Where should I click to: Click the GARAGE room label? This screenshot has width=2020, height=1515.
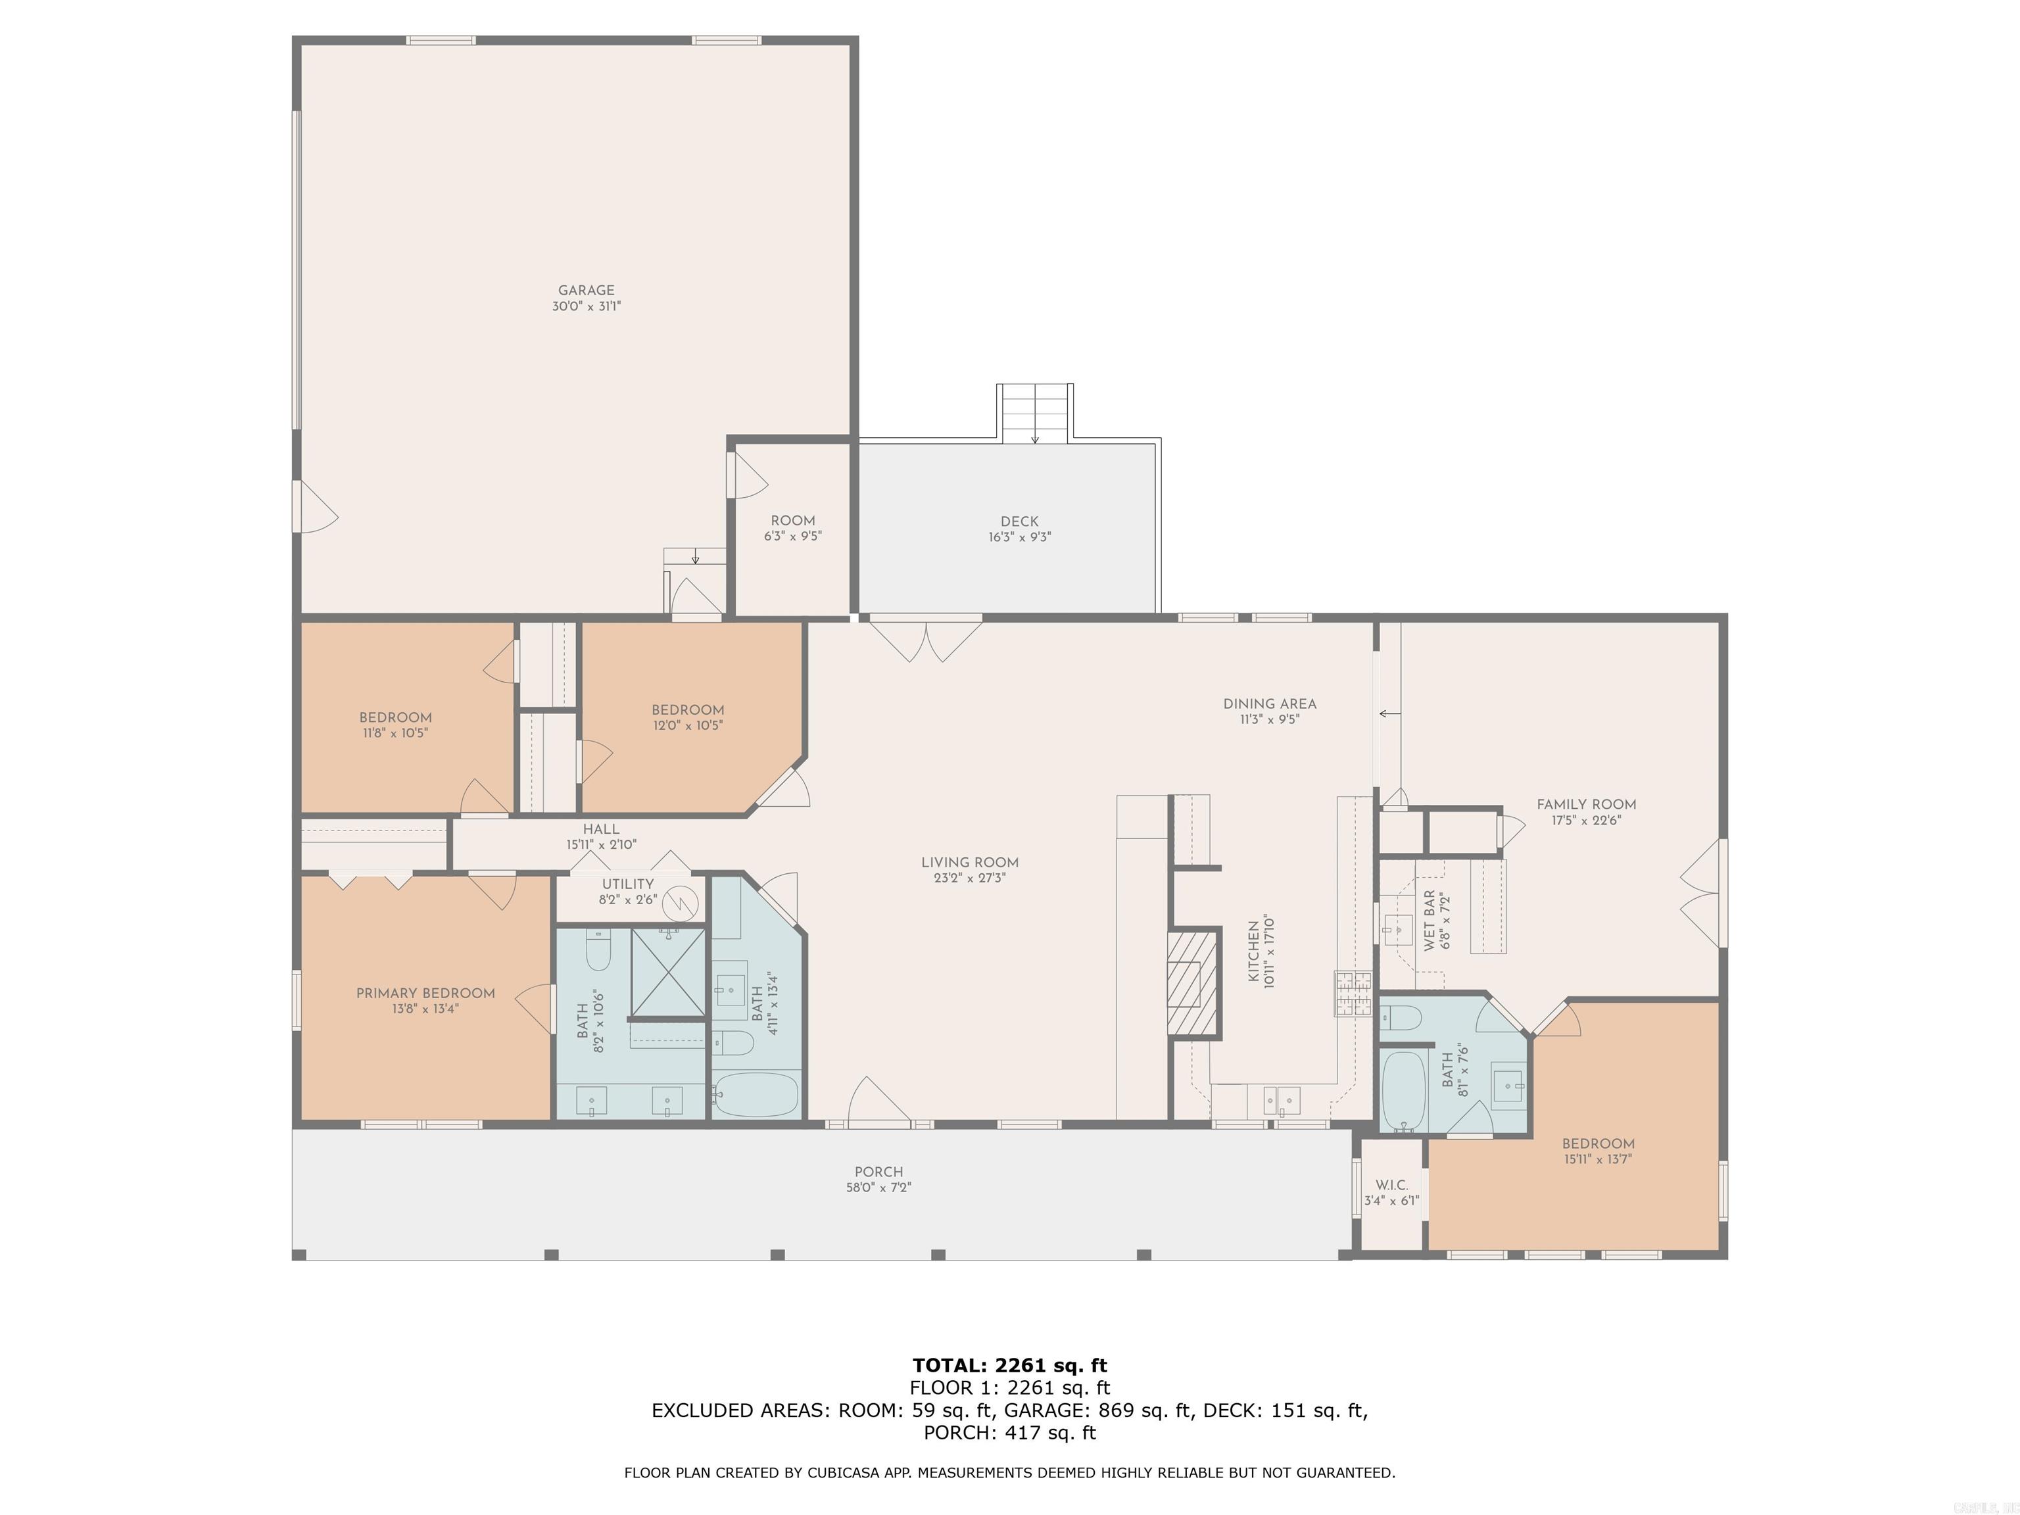[x=587, y=291]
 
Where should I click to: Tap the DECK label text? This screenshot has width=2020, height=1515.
[x=1019, y=521]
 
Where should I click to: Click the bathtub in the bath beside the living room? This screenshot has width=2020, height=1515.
[x=756, y=1095]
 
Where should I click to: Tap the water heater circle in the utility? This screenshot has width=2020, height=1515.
[x=681, y=902]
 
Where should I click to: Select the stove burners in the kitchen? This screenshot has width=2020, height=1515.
[x=1353, y=994]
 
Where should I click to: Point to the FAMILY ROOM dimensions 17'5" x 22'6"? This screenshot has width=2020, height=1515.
[x=1586, y=820]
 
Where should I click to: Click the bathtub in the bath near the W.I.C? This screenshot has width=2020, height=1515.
[x=1403, y=1092]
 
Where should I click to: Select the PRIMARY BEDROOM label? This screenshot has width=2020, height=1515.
[x=425, y=993]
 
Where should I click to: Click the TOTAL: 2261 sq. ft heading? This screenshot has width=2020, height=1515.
[x=1009, y=1365]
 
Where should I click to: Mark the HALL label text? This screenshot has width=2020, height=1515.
[x=601, y=829]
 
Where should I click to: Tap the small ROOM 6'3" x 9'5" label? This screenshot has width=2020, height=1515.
[x=792, y=521]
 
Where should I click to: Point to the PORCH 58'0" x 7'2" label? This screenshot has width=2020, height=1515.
[x=878, y=1172]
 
